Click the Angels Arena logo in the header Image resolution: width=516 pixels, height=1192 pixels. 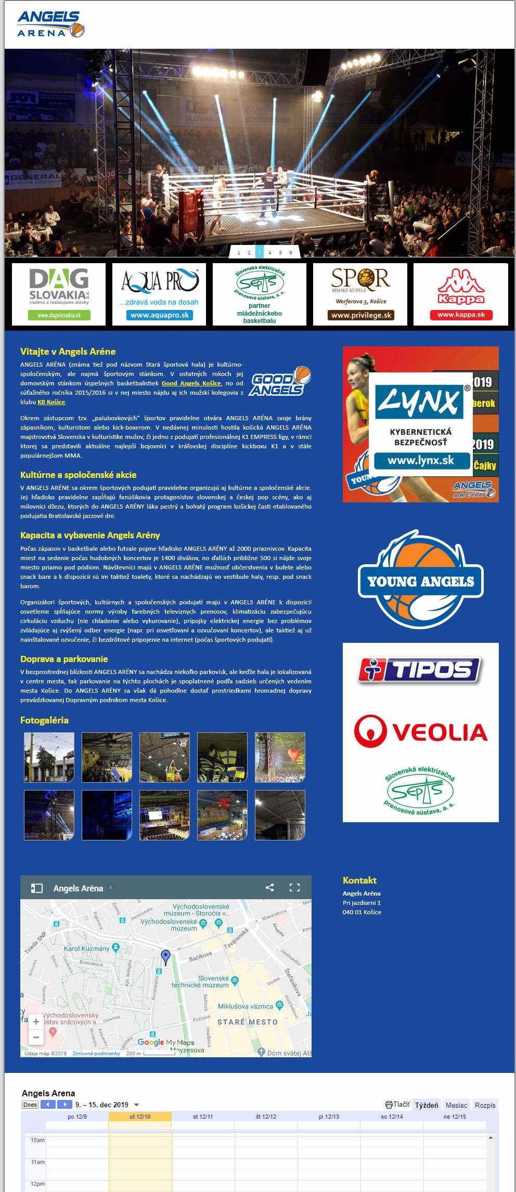tap(50, 24)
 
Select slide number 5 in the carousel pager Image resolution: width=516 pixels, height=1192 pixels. tap(280, 253)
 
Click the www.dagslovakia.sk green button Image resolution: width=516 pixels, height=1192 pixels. tap(58, 315)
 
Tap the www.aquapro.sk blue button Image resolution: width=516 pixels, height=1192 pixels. tap(159, 315)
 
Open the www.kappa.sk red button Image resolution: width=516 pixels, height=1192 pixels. tap(461, 315)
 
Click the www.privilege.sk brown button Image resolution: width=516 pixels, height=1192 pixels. tap(360, 315)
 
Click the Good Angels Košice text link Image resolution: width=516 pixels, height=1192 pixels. tap(191, 383)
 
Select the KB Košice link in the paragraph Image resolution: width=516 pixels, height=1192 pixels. tap(51, 402)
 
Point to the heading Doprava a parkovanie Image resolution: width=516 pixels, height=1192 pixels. tap(64, 659)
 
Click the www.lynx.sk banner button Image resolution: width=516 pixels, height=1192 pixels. tap(421, 461)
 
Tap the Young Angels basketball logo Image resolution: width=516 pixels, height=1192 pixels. tap(420, 579)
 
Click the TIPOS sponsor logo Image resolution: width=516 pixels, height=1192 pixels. tap(420, 670)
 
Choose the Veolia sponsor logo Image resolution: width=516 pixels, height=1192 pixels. tap(420, 731)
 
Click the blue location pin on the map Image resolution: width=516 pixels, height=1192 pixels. tap(165, 956)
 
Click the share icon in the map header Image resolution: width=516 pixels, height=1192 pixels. tap(269, 888)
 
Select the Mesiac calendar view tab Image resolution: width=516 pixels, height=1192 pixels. tap(456, 1105)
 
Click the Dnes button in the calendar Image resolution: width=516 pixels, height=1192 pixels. tap(30, 1105)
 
